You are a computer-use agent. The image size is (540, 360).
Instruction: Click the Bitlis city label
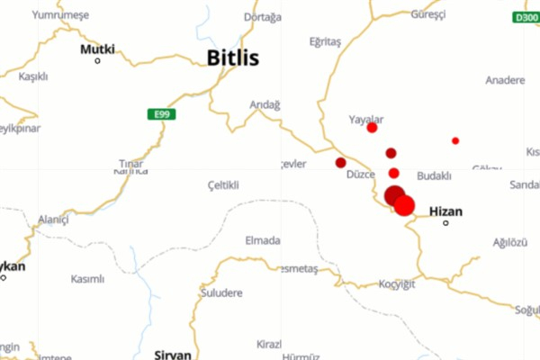coord(232,58)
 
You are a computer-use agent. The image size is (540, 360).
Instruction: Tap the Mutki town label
coord(97,49)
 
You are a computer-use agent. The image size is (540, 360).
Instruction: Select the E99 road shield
coord(161,114)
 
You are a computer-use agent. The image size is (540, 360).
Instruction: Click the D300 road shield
coord(526,17)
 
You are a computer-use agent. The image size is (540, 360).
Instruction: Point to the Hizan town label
coord(445,211)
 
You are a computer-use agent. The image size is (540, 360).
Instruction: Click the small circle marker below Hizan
coord(445,223)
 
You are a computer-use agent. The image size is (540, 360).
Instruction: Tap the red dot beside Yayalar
coord(372,128)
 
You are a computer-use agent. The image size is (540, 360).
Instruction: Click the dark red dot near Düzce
coord(340,163)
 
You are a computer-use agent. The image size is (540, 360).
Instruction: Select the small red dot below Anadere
coord(455,140)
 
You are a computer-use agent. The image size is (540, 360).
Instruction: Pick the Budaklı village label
coord(435,175)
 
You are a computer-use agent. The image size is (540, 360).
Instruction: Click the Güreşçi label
coord(427,14)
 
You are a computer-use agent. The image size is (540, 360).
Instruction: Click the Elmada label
coord(263,240)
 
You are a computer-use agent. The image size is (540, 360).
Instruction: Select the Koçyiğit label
coord(396,284)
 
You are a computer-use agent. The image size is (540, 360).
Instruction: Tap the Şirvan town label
coord(173,354)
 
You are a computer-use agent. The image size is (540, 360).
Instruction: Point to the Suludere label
coord(223,292)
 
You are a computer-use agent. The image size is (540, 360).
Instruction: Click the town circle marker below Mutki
coord(97,60)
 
